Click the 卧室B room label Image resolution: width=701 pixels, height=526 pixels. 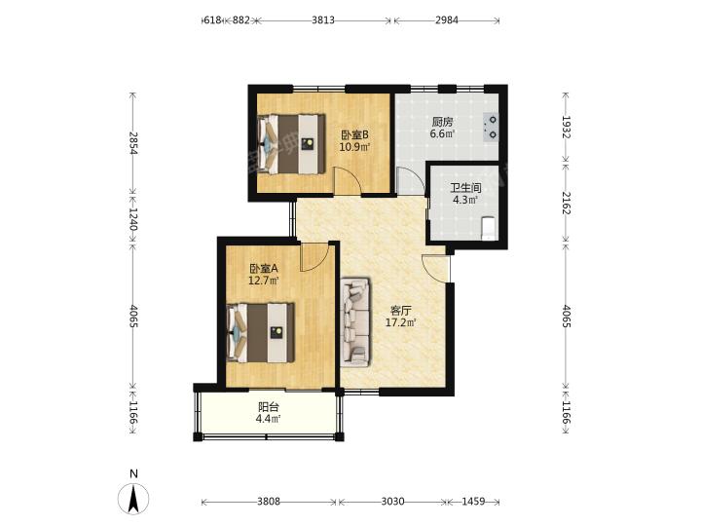pyautogui.click(x=354, y=134)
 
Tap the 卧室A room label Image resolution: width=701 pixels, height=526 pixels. pyautogui.click(x=263, y=269)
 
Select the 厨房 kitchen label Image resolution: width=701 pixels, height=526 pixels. pyautogui.click(x=442, y=122)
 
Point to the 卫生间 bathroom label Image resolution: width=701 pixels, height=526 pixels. pyautogui.click(x=465, y=188)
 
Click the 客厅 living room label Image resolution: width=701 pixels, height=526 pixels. pyautogui.click(x=400, y=311)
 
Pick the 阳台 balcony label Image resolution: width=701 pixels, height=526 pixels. pyautogui.click(x=269, y=407)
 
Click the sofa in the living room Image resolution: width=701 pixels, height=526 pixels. pyautogui.click(x=355, y=322)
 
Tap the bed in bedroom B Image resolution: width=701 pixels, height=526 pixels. pyautogui.click(x=291, y=144)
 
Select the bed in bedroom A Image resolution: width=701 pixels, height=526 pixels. pyautogui.click(x=261, y=332)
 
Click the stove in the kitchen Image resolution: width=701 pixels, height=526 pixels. pyautogui.click(x=491, y=127)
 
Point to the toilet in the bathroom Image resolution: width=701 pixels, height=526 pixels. pyautogui.click(x=488, y=228)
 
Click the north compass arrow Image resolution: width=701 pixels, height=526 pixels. pyautogui.click(x=132, y=498)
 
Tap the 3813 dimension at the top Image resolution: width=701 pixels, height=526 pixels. pyautogui.click(x=323, y=20)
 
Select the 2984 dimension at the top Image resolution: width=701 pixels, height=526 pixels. pyautogui.click(x=447, y=20)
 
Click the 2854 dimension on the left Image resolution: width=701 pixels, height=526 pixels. pyautogui.click(x=132, y=143)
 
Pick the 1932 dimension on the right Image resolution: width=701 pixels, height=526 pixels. pyautogui.click(x=566, y=127)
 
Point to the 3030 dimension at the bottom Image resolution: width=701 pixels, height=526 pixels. pyautogui.click(x=392, y=502)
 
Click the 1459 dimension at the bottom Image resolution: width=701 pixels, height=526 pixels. pyautogui.click(x=473, y=502)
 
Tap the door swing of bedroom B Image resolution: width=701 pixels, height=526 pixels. pyautogui.click(x=348, y=180)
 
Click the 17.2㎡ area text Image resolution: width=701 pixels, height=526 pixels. pyautogui.click(x=401, y=322)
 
